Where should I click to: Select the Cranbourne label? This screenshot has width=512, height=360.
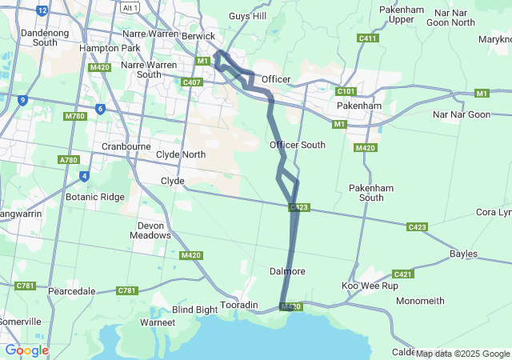127,147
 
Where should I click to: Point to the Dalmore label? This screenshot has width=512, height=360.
287,271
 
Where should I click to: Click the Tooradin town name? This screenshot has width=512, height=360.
239,306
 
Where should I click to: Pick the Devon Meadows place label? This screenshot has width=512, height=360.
151,230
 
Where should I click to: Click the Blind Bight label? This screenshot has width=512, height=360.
194,310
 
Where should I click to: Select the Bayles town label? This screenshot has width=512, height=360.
463,254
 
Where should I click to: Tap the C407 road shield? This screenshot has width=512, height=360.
192,82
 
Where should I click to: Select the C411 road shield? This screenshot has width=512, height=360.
368,38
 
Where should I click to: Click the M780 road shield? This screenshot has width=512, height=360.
75,117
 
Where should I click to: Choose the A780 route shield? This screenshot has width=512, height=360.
69,161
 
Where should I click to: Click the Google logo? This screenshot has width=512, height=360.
26,350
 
